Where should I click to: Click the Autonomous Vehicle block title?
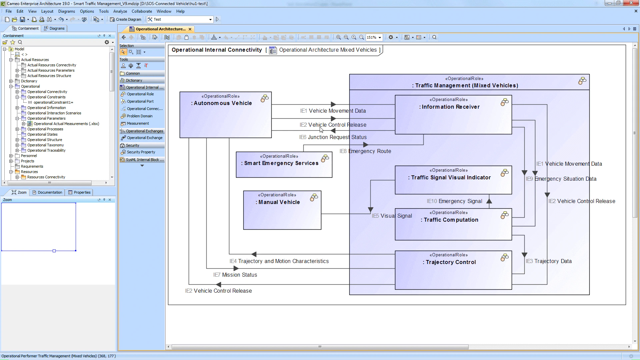(x=223, y=103)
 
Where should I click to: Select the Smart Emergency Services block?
(x=281, y=163)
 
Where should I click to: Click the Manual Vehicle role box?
(x=282, y=210)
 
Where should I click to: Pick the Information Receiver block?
(x=451, y=107)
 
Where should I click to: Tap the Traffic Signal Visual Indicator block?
(x=451, y=178)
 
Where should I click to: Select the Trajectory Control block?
(x=451, y=262)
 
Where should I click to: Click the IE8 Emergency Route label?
(x=365, y=151)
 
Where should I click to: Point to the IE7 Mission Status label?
(x=235, y=275)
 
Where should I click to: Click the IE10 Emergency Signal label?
(x=454, y=201)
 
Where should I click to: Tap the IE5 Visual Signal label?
(x=392, y=216)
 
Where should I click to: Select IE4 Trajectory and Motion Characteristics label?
(x=279, y=261)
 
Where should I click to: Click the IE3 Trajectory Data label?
(x=549, y=261)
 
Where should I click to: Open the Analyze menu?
(x=120, y=11)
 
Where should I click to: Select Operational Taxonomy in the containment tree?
(x=45, y=145)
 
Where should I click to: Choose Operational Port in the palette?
(x=140, y=101)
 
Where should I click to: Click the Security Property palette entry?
(x=141, y=152)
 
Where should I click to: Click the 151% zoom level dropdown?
(x=374, y=37)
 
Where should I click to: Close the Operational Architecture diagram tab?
(x=190, y=29)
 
